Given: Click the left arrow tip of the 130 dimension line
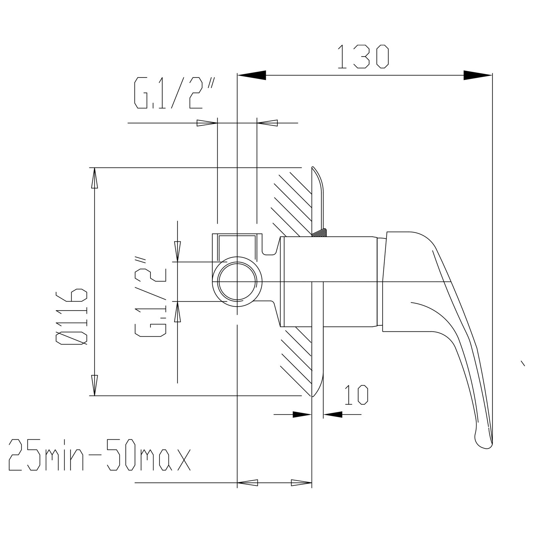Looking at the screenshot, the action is [237, 75].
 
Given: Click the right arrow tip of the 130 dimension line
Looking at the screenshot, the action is [492, 75].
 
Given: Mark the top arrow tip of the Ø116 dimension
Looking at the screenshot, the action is [95, 168].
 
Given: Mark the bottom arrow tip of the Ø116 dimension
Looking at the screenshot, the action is [95, 396].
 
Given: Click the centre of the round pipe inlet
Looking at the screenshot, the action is [237, 282].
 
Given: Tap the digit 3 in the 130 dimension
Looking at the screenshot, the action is [361, 57].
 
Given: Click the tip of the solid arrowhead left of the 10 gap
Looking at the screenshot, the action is [312, 415].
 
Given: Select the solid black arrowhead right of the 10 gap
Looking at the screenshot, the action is [333, 415].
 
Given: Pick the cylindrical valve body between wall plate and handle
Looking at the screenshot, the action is [331, 282].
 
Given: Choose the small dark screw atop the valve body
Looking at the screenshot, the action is [319, 233].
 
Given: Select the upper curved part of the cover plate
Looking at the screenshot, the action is [318, 201].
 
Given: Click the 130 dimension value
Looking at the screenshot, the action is [363, 57].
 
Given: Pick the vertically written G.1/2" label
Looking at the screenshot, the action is [150, 297].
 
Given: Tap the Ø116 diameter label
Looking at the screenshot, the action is [72, 317].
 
